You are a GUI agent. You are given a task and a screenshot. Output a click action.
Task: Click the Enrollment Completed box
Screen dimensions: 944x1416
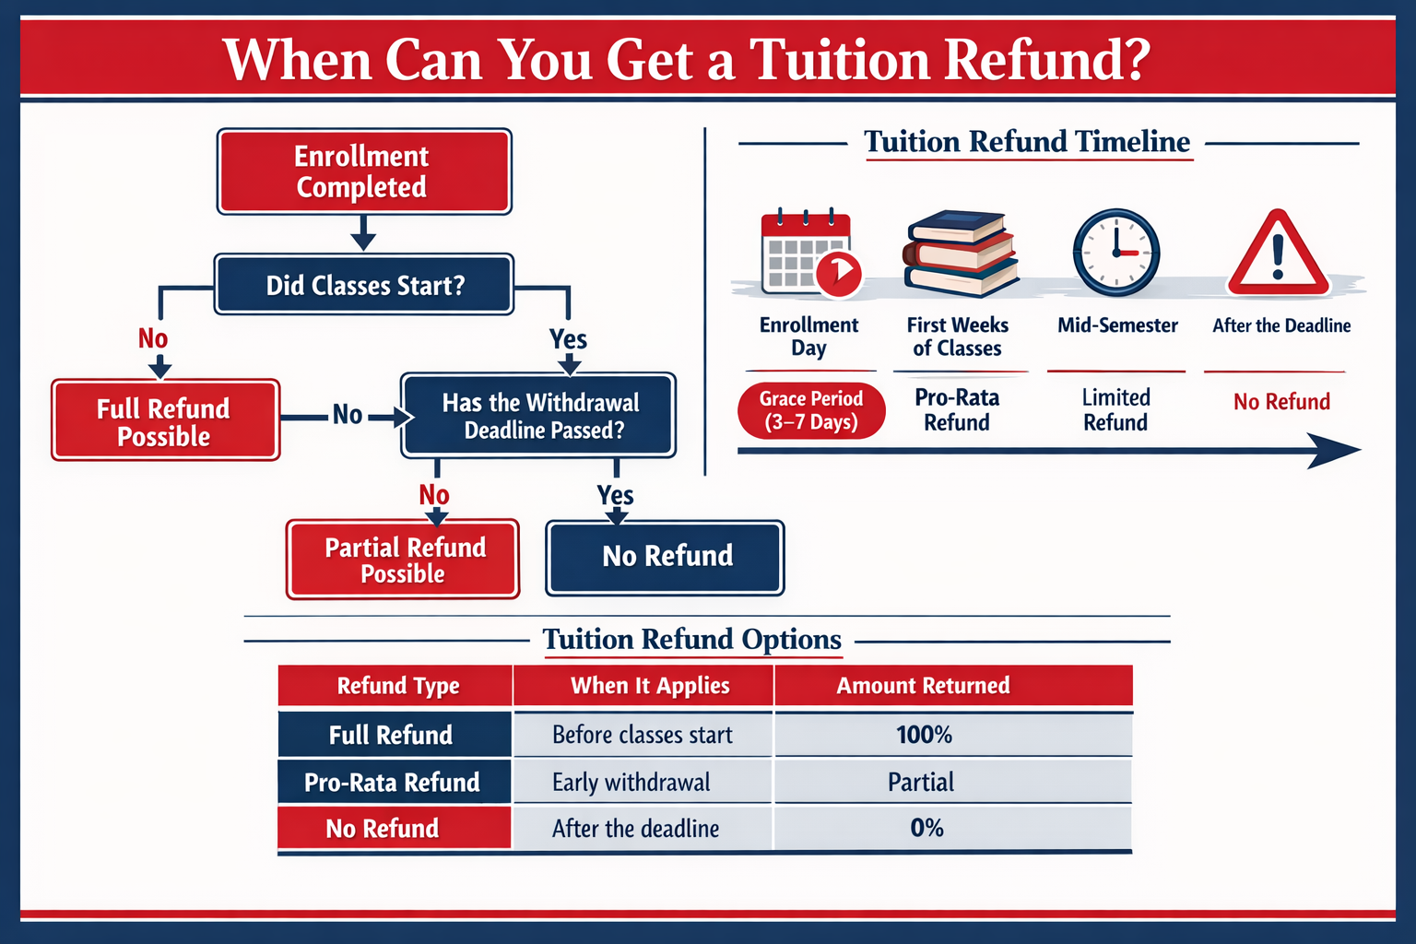click(x=363, y=171)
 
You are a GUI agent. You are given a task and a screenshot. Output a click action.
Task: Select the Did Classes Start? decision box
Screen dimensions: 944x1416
click(x=364, y=285)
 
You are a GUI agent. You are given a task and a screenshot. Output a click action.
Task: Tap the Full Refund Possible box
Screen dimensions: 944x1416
click(x=165, y=420)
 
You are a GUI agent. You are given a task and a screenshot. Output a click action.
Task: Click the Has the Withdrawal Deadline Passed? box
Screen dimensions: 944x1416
click(x=539, y=416)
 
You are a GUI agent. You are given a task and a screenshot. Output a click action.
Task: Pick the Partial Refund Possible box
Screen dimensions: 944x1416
click(x=403, y=559)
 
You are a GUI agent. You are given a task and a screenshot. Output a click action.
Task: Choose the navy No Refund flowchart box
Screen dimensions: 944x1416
click(x=666, y=557)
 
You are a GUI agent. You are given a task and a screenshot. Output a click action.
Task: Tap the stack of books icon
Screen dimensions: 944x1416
click(x=960, y=254)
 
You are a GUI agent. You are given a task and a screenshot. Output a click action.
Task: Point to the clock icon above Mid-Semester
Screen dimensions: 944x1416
click(x=1116, y=252)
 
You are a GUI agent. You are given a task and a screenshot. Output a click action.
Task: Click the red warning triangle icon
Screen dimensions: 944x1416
click(x=1279, y=254)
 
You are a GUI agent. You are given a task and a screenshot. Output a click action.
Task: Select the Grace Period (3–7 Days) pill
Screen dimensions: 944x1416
click(x=811, y=410)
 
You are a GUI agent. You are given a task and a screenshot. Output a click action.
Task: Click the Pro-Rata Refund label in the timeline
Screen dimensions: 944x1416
click(x=957, y=410)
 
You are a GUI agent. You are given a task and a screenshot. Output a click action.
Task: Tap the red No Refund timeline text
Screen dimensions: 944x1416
click(x=1281, y=402)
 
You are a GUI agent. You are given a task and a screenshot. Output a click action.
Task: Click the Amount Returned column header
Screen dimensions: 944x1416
click(x=923, y=686)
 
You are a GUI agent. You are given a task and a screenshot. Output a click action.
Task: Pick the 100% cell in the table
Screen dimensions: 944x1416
click(x=924, y=735)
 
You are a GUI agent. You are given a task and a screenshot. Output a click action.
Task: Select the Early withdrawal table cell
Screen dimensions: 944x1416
click(x=631, y=783)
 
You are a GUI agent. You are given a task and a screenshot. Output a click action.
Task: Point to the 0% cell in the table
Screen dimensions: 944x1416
click(x=926, y=828)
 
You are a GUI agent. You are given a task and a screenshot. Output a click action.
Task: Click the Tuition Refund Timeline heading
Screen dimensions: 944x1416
click(x=1027, y=142)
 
